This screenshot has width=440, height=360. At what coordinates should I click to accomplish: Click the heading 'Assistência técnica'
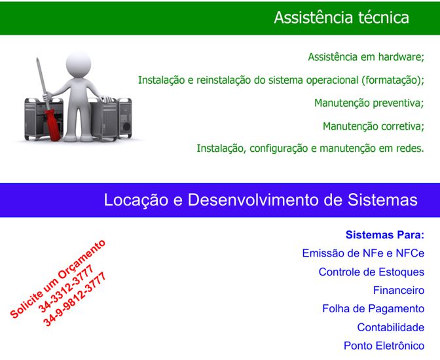(x=341, y=18)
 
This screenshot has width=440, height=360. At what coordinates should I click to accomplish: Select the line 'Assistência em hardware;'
(x=366, y=57)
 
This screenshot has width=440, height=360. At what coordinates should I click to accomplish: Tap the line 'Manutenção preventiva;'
(x=369, y=103)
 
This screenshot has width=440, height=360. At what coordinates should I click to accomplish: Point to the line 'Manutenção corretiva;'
(x=373, y=126)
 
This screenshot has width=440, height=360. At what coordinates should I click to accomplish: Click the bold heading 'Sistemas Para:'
(x=385, y=235)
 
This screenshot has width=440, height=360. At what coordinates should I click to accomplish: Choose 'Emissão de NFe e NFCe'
(x=363, y=253)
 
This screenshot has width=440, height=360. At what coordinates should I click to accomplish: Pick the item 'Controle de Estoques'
(x=371, y=272)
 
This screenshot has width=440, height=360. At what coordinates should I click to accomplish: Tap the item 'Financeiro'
(x=399, y=291)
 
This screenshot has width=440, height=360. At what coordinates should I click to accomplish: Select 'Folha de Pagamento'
(x=373, y=309)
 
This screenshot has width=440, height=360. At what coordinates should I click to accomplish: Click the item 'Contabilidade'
(x=391, y=327)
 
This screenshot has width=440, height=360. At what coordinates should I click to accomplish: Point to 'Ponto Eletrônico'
(x=384, y=346)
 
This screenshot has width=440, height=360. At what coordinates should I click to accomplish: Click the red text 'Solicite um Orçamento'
(x=58, y=279)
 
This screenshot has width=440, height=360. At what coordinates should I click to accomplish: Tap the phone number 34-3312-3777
(x=66, y=289)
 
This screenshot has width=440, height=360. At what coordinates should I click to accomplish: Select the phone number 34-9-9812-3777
(x=75, y=299)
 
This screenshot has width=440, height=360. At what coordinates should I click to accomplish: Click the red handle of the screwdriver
(x=52, y=124)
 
